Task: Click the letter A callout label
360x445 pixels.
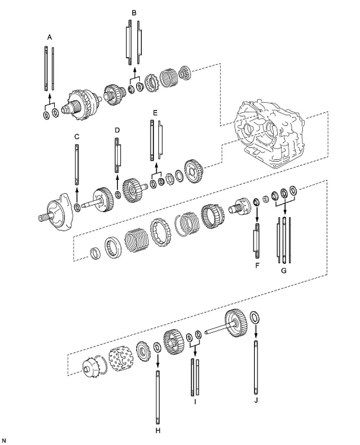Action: point(50,37)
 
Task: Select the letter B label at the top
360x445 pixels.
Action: point(134,13)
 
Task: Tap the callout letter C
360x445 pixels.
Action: point(77,136)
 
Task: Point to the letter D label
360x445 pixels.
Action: point(117,130)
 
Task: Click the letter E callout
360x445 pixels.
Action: point(155,113)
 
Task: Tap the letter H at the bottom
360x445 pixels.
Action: point(158,430)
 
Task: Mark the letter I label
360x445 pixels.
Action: point(195,402)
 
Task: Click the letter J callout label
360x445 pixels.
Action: point(256,400)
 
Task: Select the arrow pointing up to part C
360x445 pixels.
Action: point(77,193)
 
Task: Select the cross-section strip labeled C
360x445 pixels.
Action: point(77,164)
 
